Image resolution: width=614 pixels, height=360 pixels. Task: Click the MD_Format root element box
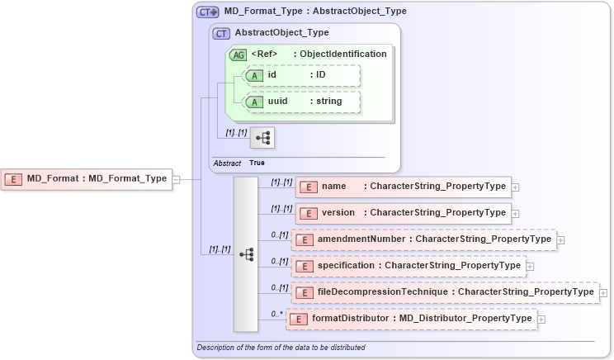[87, 178]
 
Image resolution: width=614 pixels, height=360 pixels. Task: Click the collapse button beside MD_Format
[176, 178]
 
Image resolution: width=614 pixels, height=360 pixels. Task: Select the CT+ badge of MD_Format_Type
[208, 12]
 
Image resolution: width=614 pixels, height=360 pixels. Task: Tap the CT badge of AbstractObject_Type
[221, 33]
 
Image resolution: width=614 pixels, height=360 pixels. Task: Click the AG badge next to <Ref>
[238, 54]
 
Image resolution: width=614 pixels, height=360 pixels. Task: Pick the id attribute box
[300, 76]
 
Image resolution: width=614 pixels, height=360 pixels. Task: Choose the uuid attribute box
[300, 102]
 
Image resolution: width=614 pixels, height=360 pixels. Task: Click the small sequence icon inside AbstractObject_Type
[262, 138]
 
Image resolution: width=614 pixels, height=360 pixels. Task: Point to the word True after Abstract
[257, 163]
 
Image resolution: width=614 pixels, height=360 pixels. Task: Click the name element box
[403, 187]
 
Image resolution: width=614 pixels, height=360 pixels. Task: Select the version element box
[403, 213]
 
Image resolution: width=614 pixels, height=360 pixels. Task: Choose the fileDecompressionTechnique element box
[446, 292]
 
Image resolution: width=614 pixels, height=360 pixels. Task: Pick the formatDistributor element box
[411, 319]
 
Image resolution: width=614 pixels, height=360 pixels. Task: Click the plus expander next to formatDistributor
[541, 319]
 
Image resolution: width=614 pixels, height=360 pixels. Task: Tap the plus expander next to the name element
[516, 187]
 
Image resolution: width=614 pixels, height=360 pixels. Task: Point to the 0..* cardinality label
[276, 315]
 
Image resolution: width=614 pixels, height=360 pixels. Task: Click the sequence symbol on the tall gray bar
[246, 255]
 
